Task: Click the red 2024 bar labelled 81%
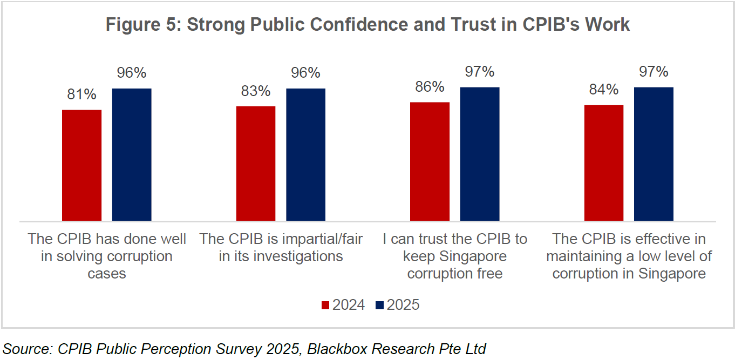click(x=81, y=165)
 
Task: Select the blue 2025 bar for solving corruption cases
click(x=132, y=154)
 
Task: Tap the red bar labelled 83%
click(x=256, y=164)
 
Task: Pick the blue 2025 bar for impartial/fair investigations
click(x=305, y=154)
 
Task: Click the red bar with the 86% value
click(x=430, y=161)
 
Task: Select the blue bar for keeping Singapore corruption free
click(x=480, y=154)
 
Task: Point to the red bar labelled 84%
click(x=604, y=163)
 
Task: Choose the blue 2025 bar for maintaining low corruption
click(x=654, y=154)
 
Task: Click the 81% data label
click(x=82, y=94)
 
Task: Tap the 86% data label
click(x=430, y=87)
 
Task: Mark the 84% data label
click(x=604, y=90)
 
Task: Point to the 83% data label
click(x=256, y=91)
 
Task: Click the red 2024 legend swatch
click(x=325, y=305)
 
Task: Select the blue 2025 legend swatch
click(x=380, y=305)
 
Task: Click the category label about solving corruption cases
click(x=107, y=256)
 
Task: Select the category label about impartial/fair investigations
click(x=281, y=248)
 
